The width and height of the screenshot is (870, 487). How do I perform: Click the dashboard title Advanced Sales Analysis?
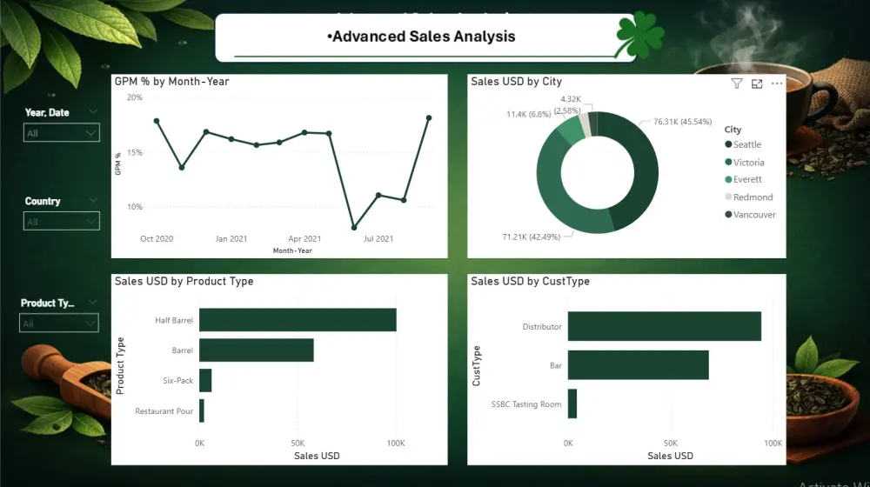click(x=422, y=37)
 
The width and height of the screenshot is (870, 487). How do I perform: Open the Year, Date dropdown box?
click(x=61, y=133)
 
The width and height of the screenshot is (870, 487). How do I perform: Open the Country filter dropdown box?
click(x=61, y=222)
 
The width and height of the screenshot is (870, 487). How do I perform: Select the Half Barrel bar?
click(x=298, y=320)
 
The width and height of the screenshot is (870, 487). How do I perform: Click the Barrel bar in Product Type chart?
click(x=256, y=350)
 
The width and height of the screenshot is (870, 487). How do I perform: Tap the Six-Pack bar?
click(x=205, y=381)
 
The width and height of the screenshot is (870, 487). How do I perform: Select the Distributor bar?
click(x=665, y=326)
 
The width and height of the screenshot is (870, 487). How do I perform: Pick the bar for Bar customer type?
click(x=638, y=365)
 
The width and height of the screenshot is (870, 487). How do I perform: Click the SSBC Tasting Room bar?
click(x=572, y=404)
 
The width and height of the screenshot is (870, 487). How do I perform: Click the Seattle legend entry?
click(x=746, y=145)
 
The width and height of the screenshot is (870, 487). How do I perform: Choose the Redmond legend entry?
click(x=752, y=197)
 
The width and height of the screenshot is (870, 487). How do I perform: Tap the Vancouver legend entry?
click(x=753, y=215)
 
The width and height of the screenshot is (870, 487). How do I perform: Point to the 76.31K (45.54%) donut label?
click(x=689, y=122)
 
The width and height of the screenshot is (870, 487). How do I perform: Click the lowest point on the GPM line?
click(x=354, y=228)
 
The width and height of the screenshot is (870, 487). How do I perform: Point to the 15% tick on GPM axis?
click(x=135, y=152)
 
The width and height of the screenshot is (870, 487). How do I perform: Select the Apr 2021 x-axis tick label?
click(x=304, y=238)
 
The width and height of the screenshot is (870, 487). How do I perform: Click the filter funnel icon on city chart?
click(x=737, y=83)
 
